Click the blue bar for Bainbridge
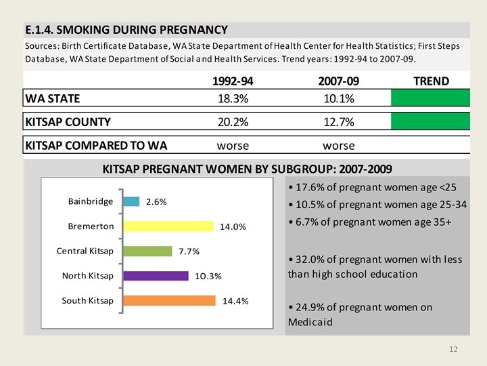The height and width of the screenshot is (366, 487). [131, 201]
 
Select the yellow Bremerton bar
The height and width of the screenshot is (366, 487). [168, 226]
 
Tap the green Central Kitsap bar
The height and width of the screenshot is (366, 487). [147, 251]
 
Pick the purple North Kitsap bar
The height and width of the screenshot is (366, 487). [155, 276]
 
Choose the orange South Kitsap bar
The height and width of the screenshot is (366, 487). [168, 300]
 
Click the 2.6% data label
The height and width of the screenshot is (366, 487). [156, 202]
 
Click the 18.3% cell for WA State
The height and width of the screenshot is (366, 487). [233, 99]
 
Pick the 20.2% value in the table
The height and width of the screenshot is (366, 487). [233, 123]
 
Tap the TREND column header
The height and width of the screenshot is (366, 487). [431, 81]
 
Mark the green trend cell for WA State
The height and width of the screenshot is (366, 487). [430, 99]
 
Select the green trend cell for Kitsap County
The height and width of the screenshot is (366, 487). [430, 122]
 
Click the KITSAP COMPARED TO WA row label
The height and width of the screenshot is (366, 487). [95, 146]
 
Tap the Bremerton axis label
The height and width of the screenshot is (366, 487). [91, 226]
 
